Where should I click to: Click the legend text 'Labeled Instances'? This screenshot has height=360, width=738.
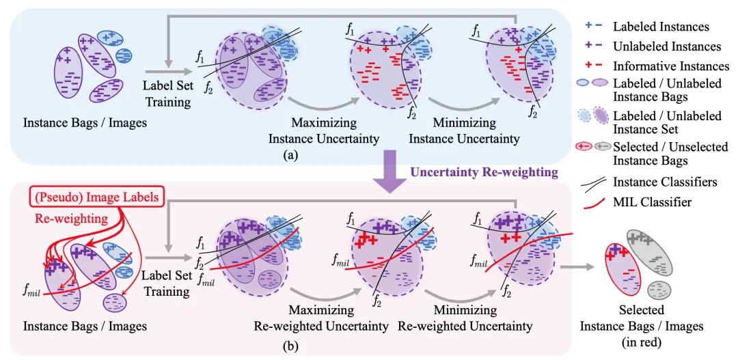pos(661,27)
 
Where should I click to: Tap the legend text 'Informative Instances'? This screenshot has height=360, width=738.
pos(671,66)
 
